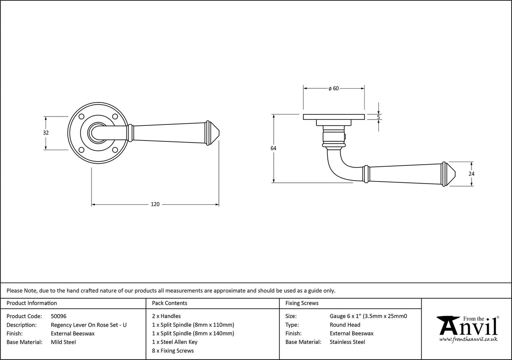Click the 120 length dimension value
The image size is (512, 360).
155,205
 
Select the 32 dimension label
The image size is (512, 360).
46,133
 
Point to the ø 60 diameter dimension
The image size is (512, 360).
334,89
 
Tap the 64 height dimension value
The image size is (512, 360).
273,148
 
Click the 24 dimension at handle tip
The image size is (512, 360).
472,173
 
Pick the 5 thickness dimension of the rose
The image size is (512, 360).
378,117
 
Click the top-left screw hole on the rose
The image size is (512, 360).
82,116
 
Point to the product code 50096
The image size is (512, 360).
58,316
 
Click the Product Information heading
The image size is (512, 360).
32,303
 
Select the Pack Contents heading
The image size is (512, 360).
169,303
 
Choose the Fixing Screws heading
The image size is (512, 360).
302,303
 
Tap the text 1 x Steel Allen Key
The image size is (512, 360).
175,342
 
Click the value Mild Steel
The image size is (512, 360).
63,342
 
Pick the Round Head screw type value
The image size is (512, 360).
345,325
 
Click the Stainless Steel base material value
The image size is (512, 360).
348,342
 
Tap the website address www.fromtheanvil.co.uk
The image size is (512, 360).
469,339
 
